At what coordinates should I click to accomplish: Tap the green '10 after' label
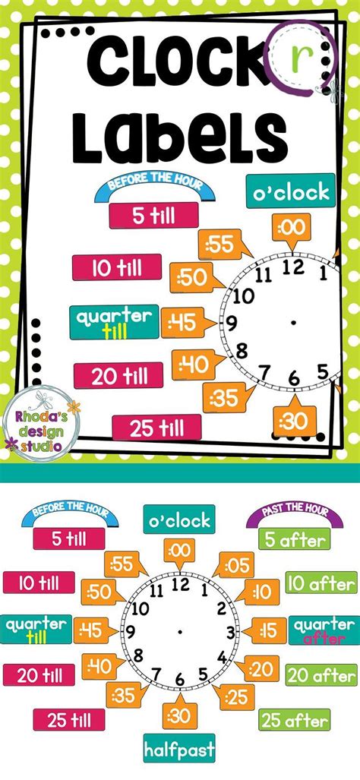coord(320,584)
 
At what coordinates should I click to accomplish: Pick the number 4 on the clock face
coord(221,655)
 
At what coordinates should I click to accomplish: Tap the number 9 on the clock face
coord(131,631)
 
